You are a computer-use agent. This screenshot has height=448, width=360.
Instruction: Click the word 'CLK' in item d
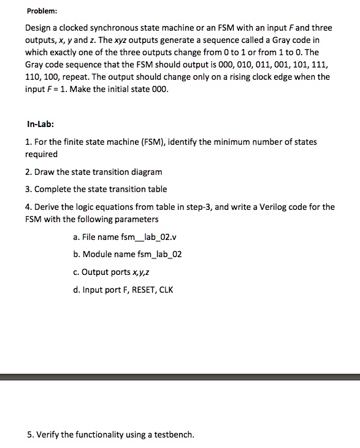pyautogui.click(x=167, y=290)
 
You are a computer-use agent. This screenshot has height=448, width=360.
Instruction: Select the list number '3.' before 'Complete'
pyautogui.click(x=29, y=189)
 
